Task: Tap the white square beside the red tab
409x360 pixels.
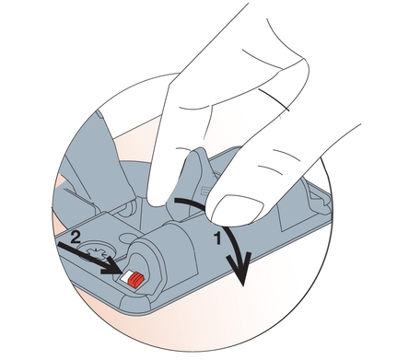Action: point(126,276)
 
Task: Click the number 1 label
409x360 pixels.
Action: point(217,238)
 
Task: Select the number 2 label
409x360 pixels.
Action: point(76,238)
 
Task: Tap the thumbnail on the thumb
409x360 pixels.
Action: point(239,209)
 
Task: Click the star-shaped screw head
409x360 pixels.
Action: point(96,250)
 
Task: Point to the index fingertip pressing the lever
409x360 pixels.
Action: point(159,195)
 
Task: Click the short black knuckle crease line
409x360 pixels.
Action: point(274,99)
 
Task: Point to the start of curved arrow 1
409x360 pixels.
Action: point(176,201)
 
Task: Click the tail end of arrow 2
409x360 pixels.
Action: point(59,244)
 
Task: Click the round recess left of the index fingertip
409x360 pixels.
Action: point(128,208)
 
